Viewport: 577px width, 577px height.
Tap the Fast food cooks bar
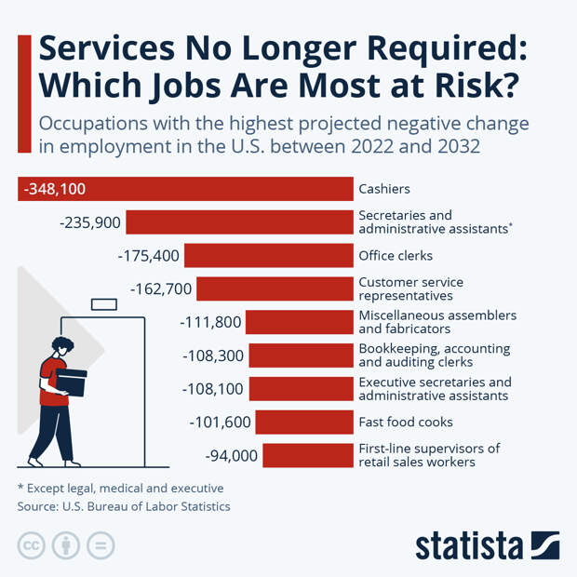(304, 423)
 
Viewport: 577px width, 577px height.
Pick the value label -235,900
(89, 222)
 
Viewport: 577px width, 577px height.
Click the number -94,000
(231, 455)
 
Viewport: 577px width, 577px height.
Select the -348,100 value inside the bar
(55, 189)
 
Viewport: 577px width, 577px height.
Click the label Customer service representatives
(410, 288)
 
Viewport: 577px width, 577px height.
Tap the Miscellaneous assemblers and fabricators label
(436, 322)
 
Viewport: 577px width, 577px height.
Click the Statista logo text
(470, 545)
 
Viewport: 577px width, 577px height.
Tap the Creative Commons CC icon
(31, 544)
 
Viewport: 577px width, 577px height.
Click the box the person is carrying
(70, 382)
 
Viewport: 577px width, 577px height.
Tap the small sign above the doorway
(103, 303)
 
